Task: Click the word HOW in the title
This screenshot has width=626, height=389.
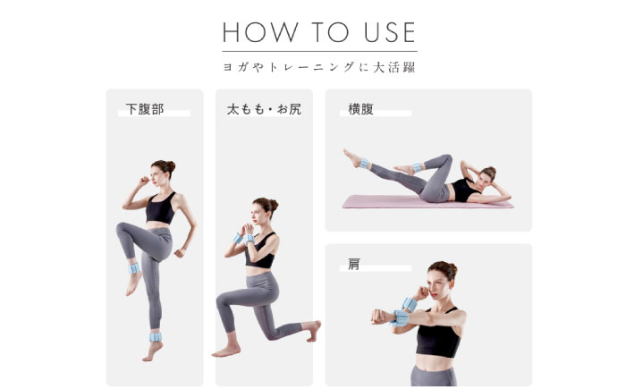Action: [x=254, y=33]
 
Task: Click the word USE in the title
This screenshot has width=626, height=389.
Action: [x=385, y=33]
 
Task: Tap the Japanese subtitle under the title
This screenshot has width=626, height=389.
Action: [x=319, y=67]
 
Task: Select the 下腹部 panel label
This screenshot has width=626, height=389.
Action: [x=145, y=110]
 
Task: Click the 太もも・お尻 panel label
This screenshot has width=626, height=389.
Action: [x=258, y=110]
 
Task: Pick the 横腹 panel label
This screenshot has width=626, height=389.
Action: [x=361, y=110]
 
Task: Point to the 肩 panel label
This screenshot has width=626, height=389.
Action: [x=354, y=265]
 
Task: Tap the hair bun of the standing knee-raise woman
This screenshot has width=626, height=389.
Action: [x=170, y=165]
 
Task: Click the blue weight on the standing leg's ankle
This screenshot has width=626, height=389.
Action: [x=156, y=337]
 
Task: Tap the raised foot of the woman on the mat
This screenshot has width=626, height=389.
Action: [x=351, y=157]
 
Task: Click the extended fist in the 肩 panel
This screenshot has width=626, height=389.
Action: [x=379, y=316]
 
